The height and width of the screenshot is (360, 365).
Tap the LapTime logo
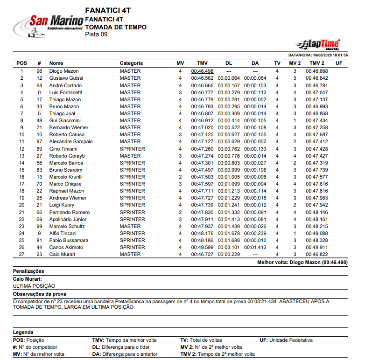tap(317, 44)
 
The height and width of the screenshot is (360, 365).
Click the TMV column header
tap(202, 63)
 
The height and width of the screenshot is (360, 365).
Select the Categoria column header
tap(131, 63)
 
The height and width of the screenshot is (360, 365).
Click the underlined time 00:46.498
tap(202, 71)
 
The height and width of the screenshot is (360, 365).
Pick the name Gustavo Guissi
tap(66, 78)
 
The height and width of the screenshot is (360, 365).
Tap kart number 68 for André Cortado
tap(39, 85)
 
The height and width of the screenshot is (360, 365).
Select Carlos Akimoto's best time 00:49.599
tap(202, 247)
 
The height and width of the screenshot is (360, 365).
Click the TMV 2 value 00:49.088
tap(317, 233)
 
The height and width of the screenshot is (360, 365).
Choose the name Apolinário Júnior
tap(68, 219)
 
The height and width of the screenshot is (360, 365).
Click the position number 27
tap(21, 254)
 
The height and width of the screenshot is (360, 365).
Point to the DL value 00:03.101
tap(229, 247)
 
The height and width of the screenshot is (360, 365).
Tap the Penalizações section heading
tap(28, 271)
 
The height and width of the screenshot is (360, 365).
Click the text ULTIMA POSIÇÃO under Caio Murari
tap(34, 286)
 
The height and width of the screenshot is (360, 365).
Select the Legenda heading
tap(23, 332)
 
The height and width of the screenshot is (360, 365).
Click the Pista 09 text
tap(96, 34)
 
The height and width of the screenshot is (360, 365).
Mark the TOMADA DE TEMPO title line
tap(116, 27)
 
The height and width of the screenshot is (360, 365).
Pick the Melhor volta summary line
tap(302, 263)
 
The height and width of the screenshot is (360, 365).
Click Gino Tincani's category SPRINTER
tap(132, 149)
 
